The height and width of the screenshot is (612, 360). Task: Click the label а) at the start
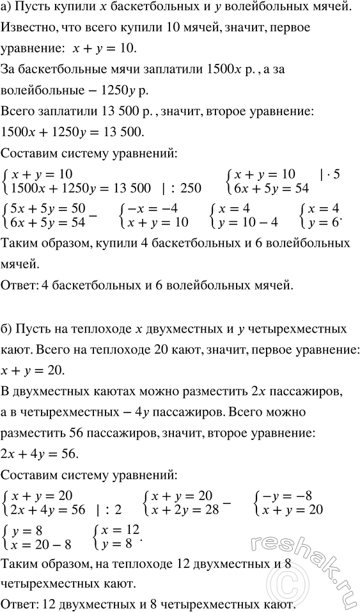(8, 12)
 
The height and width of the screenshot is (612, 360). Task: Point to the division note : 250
(183, 187)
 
